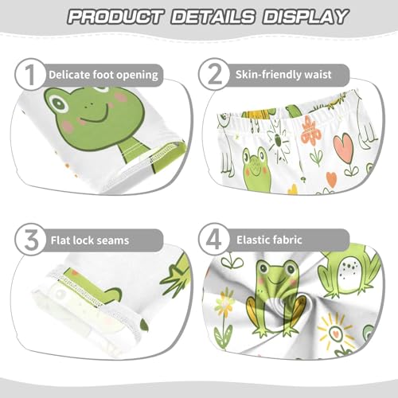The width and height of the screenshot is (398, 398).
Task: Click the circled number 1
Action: pos(29,75)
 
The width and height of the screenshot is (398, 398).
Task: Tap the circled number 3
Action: pos(29,239)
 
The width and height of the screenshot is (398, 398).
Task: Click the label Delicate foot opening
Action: pos(103,76)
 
